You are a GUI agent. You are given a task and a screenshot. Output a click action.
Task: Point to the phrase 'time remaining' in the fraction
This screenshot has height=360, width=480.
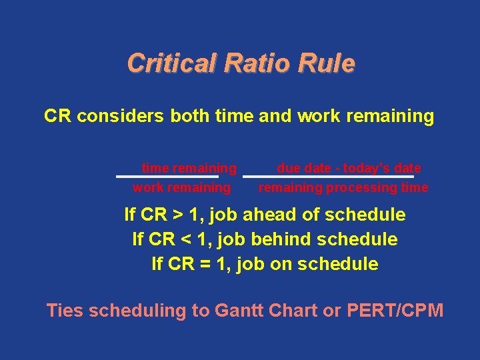[x=189, y=168]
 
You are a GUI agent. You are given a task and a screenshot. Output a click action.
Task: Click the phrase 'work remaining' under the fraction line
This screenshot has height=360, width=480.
[x=181, y=188]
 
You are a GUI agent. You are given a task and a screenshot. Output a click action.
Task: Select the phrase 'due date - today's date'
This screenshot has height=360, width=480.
[x=349, y=168]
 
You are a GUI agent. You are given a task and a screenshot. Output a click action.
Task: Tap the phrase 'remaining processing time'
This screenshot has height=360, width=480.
[x=343, y=188]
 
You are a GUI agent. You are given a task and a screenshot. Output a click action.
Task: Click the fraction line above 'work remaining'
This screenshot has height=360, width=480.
[x=167, y=177]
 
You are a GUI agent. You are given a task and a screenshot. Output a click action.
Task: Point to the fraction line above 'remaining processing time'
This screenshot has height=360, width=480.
[x=328, y=177]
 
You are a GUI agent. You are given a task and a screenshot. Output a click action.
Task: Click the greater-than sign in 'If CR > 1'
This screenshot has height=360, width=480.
[x=178, y=215]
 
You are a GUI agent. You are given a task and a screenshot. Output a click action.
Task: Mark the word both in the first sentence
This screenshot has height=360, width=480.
[x=191, y=117]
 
